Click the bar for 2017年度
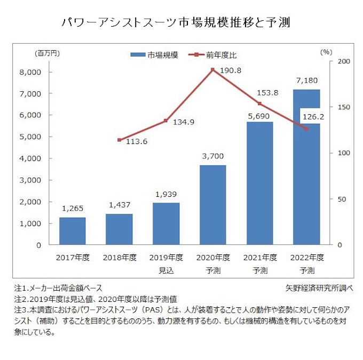(x=72, y=231)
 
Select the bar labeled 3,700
(x=212, y=205)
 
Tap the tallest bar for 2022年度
(x=306, y=167)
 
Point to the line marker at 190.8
(x=212, y=69)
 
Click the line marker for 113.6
(x=119, y=140)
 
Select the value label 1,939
(x=165, y=195)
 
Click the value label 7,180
(x=306, y=81)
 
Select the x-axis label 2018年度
(x=119, y=258)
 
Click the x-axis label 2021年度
(x=259, y=258)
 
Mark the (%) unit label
(x=326, y=53)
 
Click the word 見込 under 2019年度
(x=165, y=270)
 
